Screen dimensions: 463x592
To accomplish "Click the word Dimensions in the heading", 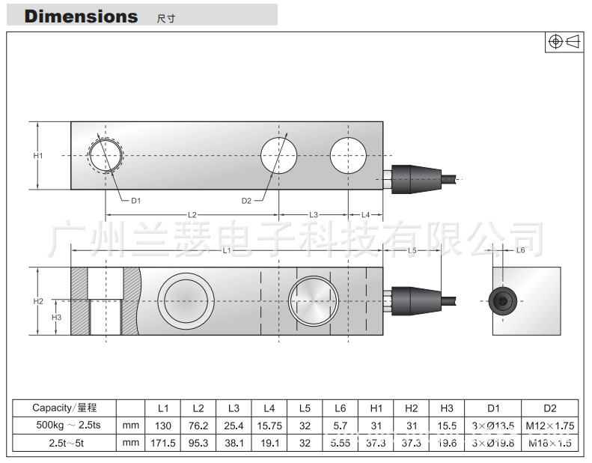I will pyautogui.click(x=81, y=16).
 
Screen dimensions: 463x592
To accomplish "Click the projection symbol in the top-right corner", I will pyautogui.click(x=564, y=42).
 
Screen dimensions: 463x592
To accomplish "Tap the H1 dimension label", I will pyautogui.click(x=38, y=155).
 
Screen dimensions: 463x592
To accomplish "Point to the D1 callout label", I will pyautogui.click(x=135, y=200).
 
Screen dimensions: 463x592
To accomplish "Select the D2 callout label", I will pyautogui.click(x=247, y=200).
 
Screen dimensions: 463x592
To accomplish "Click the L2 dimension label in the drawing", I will pyautogui.click(x=192, y=215).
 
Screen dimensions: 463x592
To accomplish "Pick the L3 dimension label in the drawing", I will pyautogui.click(x=314, y=215).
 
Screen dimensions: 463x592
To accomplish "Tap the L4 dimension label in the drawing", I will pyautogui.click(x=366, y=215).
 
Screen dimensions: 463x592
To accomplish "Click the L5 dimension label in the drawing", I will pyautogui.click(x=412, y=250).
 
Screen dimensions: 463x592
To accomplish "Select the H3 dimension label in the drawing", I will pyautogui.click(x=56, y=317).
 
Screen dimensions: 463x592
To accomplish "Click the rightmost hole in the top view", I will pyautogui.click(x=349, y=156).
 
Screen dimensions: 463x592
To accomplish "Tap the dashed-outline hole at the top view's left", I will pyautogui.click(x=106, y=156).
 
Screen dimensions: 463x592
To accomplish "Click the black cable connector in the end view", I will pyautogui.click(x=501, y=300).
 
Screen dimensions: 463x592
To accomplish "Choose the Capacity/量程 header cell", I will pyautogui.click(x=64, y=408).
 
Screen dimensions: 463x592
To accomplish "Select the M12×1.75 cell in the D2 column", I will pyautogui.click(x=549, y=426).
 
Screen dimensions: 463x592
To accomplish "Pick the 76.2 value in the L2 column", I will pyautogui.click(x=198, y=426).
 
